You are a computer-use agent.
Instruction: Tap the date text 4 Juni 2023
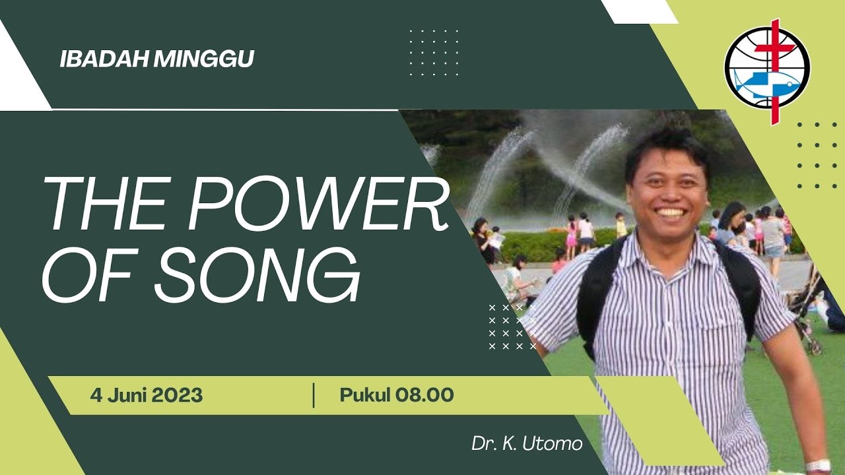(x=147, y=396)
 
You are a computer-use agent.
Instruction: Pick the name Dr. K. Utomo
(x=527, y=444)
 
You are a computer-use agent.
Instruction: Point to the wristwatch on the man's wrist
(x=819, y=465)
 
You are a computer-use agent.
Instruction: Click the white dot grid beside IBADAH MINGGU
(x=434, y=52)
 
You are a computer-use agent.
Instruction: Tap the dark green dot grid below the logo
(x=817, y=155)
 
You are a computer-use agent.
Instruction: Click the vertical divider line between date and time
(x=314, y=395)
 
